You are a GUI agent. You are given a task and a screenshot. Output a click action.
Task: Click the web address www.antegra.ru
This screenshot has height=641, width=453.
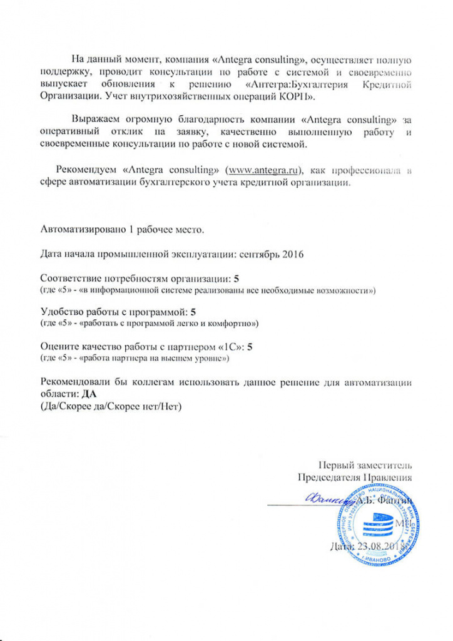tap(265, 170)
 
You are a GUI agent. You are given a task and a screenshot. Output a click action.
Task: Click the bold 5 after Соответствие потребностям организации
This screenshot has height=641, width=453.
tap(236, 278)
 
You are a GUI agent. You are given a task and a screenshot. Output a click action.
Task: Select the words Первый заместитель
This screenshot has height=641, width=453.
tap(365, 464)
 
